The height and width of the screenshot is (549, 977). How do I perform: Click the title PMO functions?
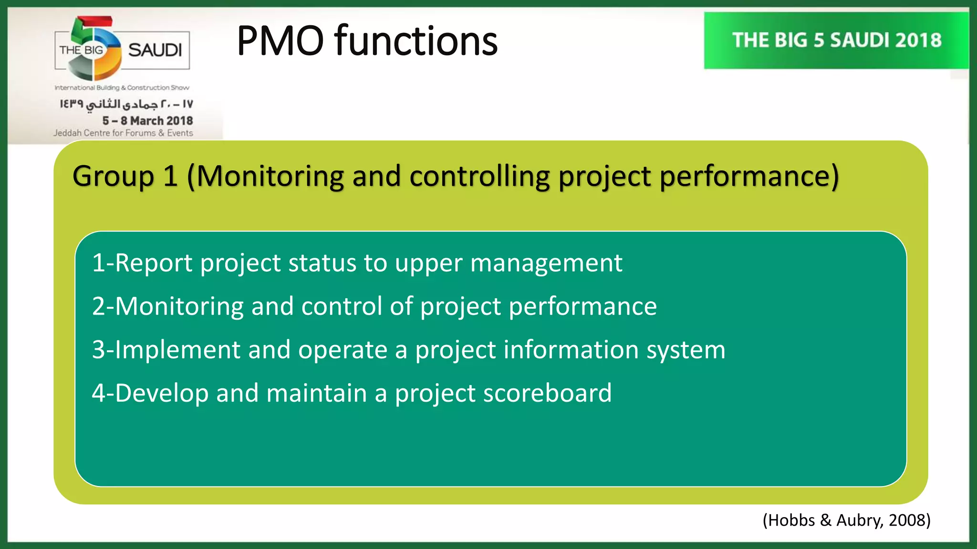click(x=367, y=41)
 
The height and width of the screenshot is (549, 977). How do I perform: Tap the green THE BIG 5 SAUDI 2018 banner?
click(x=836, y=41)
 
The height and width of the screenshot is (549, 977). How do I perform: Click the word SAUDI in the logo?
click(x=155, y=50)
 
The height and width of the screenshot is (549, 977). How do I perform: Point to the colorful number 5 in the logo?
click(x=94, y=48)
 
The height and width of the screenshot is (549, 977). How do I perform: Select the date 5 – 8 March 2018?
click(x=147, y=121)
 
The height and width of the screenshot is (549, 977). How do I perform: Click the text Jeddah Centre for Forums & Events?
click(x=123, y=133)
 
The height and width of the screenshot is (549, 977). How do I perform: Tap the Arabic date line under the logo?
click(x=126, y=104)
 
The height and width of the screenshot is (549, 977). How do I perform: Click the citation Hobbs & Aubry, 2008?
click(x=846, y=520)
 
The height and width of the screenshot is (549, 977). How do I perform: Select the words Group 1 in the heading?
click(x=125, y=176)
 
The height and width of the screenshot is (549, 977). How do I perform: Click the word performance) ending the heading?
click(x=749, y=176)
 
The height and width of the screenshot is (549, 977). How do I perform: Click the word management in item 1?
click(x=546, y=263)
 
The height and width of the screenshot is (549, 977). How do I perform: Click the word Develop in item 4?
click(x=162, y=393)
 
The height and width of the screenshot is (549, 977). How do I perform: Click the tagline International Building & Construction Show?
click(x=122, y=88)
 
